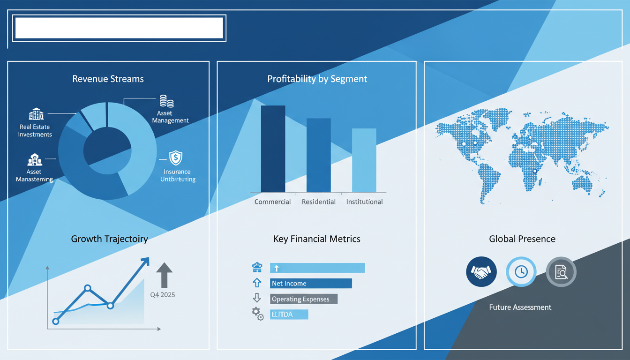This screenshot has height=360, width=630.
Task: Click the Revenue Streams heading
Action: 108,79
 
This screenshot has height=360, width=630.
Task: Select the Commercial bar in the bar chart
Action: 273,149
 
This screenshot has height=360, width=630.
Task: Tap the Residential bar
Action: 318,155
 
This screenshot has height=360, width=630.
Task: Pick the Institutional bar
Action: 364,160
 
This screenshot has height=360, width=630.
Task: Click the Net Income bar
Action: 311,283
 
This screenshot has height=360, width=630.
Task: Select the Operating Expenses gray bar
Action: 304,299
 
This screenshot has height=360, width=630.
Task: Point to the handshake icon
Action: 481,271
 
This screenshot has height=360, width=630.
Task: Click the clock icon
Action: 521,271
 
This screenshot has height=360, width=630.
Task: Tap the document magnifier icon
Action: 561,271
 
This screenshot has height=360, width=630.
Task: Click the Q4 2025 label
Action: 162,295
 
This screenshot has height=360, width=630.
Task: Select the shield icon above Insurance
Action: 175,157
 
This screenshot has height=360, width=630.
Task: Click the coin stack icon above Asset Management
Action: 166,101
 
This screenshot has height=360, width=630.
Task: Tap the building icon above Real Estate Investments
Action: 36,114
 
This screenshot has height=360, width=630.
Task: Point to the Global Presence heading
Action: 522,239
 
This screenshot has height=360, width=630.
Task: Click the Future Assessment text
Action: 520,307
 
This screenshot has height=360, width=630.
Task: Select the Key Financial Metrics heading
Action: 317,239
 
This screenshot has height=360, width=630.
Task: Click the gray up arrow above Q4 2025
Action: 164,274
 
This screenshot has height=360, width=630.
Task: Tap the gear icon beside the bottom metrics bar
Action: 257,314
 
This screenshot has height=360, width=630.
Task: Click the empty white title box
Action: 119,28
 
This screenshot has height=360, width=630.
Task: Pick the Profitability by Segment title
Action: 317,79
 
